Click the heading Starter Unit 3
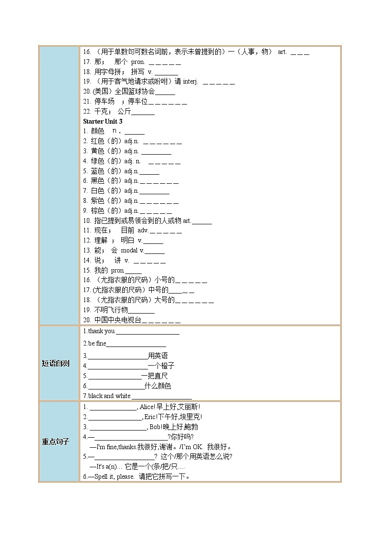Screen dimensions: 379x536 pos(103,121)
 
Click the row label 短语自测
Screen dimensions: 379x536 pos(55,364)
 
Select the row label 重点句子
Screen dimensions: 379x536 pos(55,442)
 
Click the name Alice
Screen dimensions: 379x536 pos(147,407)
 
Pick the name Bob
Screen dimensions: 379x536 pos(156,427)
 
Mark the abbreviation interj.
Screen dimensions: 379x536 pos(190,82)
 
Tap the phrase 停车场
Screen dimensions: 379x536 pos(105,102)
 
